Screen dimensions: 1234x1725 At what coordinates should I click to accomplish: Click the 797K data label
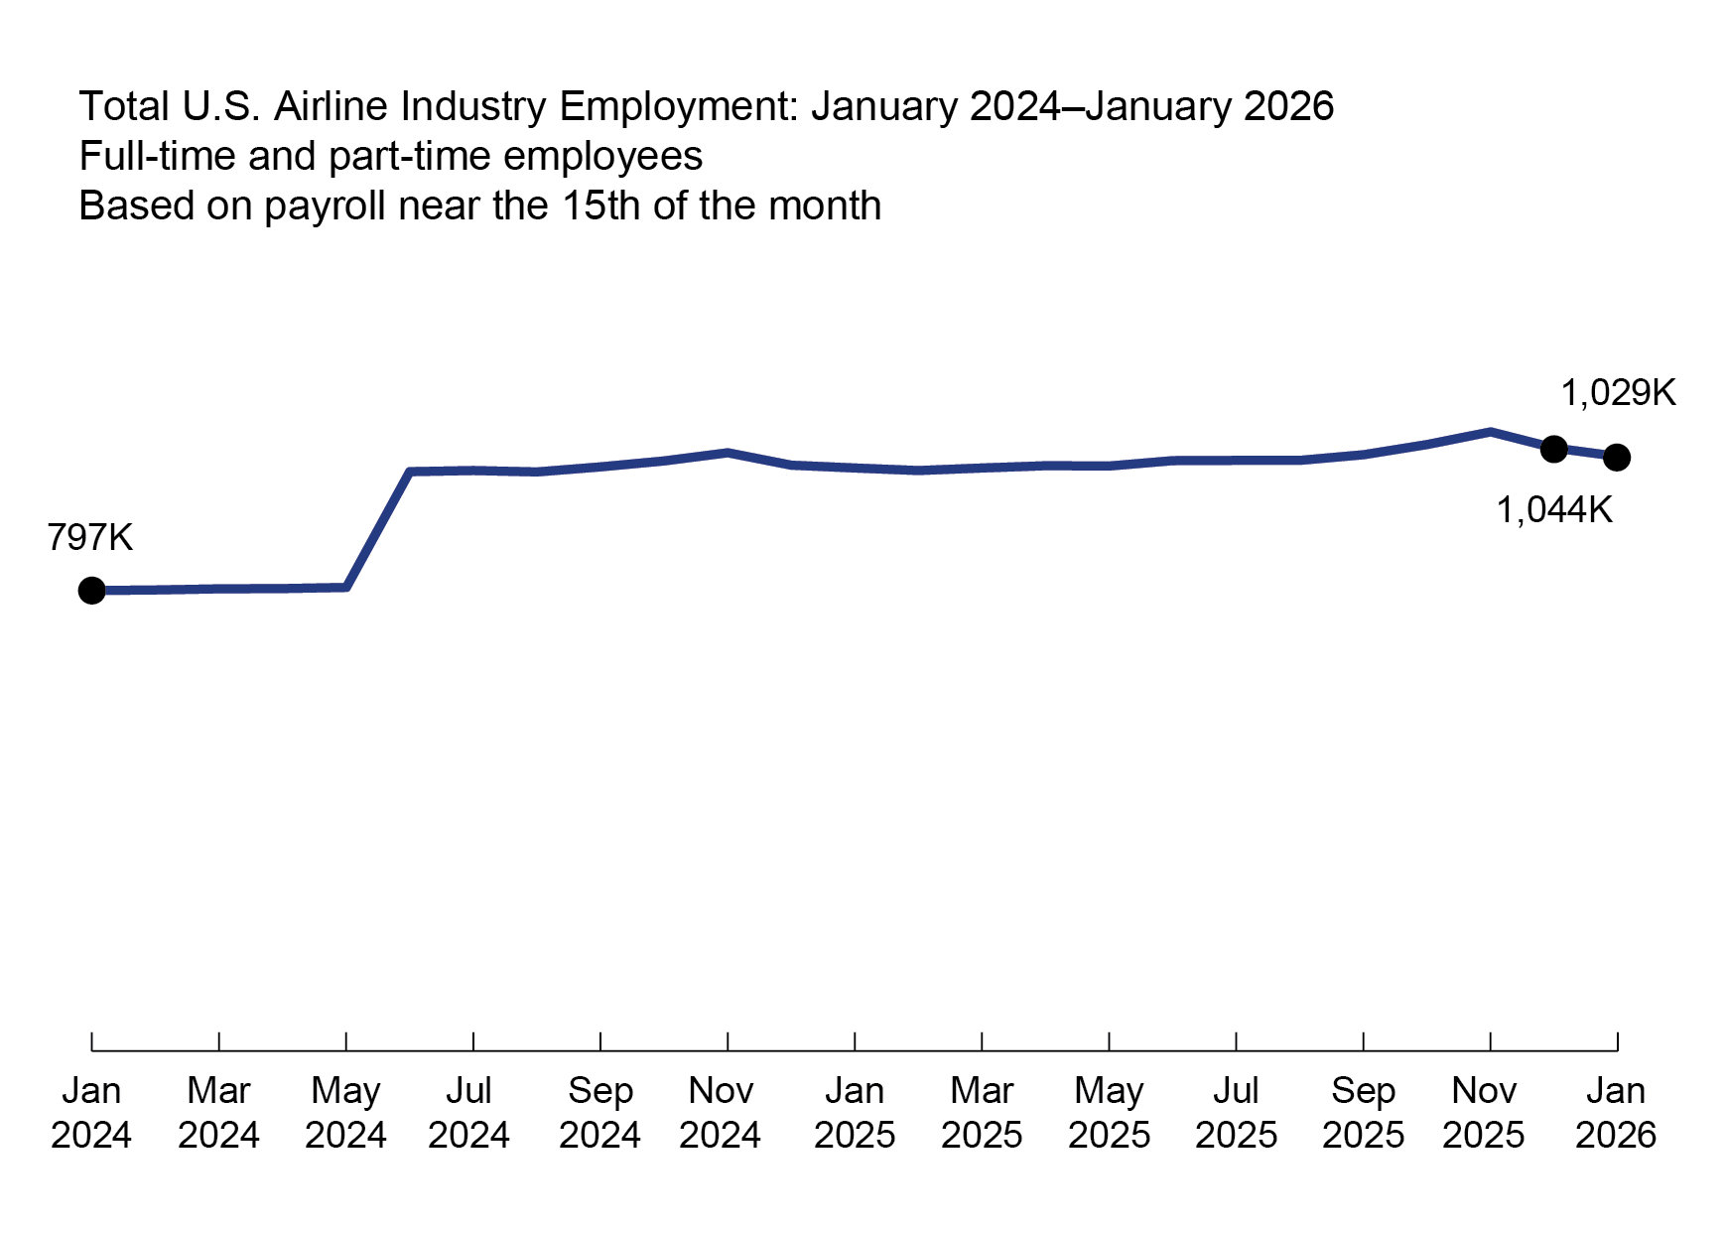tap(89, 538)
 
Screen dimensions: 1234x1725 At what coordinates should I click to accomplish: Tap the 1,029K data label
tap(1618, 394)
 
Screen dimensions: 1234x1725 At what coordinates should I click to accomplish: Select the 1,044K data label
tap(1554, 510)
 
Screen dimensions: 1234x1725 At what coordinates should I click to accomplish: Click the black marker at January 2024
tap(91, 591)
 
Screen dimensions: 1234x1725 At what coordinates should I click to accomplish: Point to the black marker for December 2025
tap(1554, 449)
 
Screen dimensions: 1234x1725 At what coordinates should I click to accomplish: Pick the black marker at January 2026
tap(1617, 458)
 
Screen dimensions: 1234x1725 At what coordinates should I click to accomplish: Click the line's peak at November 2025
tap(1491, 432)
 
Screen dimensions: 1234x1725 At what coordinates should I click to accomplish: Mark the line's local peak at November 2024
tap(728, 453)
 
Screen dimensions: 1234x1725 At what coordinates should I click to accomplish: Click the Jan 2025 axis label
tap(855, 1112)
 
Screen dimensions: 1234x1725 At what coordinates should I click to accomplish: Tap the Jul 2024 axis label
tap(468, 1112)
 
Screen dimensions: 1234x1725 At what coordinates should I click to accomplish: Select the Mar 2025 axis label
tap(982, 1112)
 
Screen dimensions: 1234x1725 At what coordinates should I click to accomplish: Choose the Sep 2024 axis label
tap(599, 1112)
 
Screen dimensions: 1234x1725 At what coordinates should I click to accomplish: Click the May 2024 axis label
tap(345, 1112)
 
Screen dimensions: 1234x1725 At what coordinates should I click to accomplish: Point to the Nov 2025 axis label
tap(1484, 1112)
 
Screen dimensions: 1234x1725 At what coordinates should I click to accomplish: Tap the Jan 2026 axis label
tap(1616, 1112)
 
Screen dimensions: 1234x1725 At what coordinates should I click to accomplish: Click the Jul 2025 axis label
tap(1236, 1112)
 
